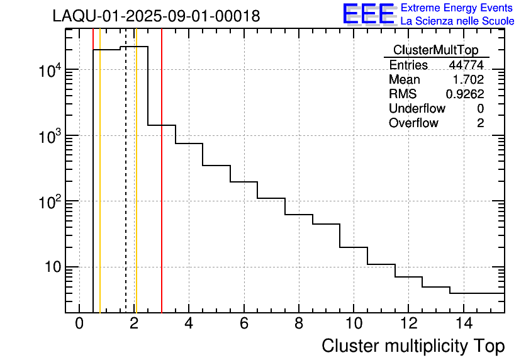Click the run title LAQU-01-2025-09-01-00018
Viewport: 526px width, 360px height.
point(156,16)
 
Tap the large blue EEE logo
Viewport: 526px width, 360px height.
point(368,14)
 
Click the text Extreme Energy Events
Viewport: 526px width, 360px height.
point(457,8)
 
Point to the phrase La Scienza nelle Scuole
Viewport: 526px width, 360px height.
point(457,21)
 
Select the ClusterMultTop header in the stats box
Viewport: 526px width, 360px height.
point(435,50)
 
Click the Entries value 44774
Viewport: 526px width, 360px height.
point(466,65)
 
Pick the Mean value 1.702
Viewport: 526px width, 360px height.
point(468,80)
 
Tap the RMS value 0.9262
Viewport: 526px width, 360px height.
point(465,94)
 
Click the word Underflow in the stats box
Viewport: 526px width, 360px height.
point(417,109)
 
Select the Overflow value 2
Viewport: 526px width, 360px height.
point(480,123)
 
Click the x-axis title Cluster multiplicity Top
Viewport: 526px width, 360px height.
point(413,346)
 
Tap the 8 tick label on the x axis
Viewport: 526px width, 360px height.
point(298,323)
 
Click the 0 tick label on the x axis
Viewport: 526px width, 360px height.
point(79,323)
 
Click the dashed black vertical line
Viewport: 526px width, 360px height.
point(126,189)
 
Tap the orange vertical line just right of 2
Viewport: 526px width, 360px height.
point(136,189)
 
